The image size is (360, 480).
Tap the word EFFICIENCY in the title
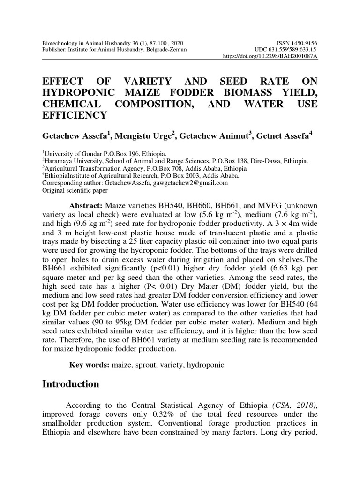pyautogui.click(x=75, y=115)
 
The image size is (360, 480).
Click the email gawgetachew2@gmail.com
pyautogui.click(x=190, y=183)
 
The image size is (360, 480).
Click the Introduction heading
pyautogui.click(x=71, y=384)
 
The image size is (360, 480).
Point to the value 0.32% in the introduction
pyautogui.click(x=187, y=415)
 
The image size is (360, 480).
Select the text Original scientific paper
pyautogui.click(x=75, y=190)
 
